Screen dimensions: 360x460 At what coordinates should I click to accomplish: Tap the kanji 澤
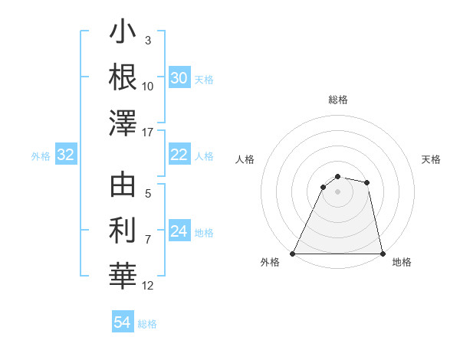click(x=123, y=123)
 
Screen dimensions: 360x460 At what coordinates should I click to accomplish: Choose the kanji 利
click(x=123, y=230)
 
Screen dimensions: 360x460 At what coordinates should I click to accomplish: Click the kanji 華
click(x=123, y=275)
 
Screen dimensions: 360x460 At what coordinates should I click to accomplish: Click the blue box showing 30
click(x=179, y=77)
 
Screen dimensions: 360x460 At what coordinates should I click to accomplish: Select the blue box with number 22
click(x=179, y=155)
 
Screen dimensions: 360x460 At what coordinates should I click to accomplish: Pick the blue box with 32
click(x=66, y=155)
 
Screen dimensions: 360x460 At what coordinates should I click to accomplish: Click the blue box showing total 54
click(x=123, y=322)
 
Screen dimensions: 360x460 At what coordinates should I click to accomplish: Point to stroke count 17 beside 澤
click(x=149, y=133)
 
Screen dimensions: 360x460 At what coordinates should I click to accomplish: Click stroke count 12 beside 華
click(x=149, y=286)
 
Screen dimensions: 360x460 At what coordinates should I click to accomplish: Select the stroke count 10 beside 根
click(x=148, y=87)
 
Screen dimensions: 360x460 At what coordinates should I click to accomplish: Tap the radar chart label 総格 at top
click(x=337, y=100)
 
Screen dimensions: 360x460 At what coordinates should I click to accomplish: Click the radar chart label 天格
click(x=432, y=159)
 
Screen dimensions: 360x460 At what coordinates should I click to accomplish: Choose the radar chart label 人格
click(x=245, y=159)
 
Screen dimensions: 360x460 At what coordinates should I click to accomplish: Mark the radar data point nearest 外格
click(x=292, y=254)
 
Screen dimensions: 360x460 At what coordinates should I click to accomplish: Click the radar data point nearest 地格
click(x=382, y=254)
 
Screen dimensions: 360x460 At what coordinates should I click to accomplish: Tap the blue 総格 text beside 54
click(x=147, y=324)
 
